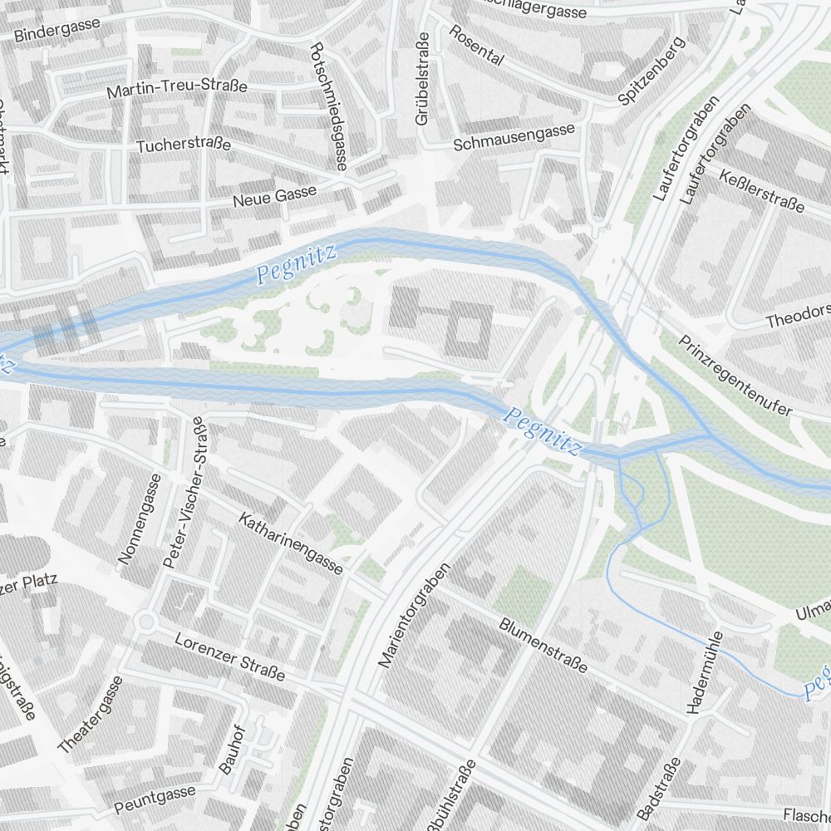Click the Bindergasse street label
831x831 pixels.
[x=57, y=30]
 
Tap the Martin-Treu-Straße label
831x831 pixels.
[x=177, y=87]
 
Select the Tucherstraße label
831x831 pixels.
[x=184, y=145]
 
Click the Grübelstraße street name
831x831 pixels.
[x=422, y=79]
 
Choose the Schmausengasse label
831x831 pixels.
[x=514, y=137]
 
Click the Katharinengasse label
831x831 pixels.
[x=291, y=544]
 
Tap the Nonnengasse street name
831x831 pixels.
[x=140, y=519]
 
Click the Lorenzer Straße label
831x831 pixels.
[x=231, y=656]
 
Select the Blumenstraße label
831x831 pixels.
[x=543, y=645]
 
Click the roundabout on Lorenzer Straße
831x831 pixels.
[x=147, y=621]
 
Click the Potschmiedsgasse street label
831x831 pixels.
[x=327, y=106]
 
